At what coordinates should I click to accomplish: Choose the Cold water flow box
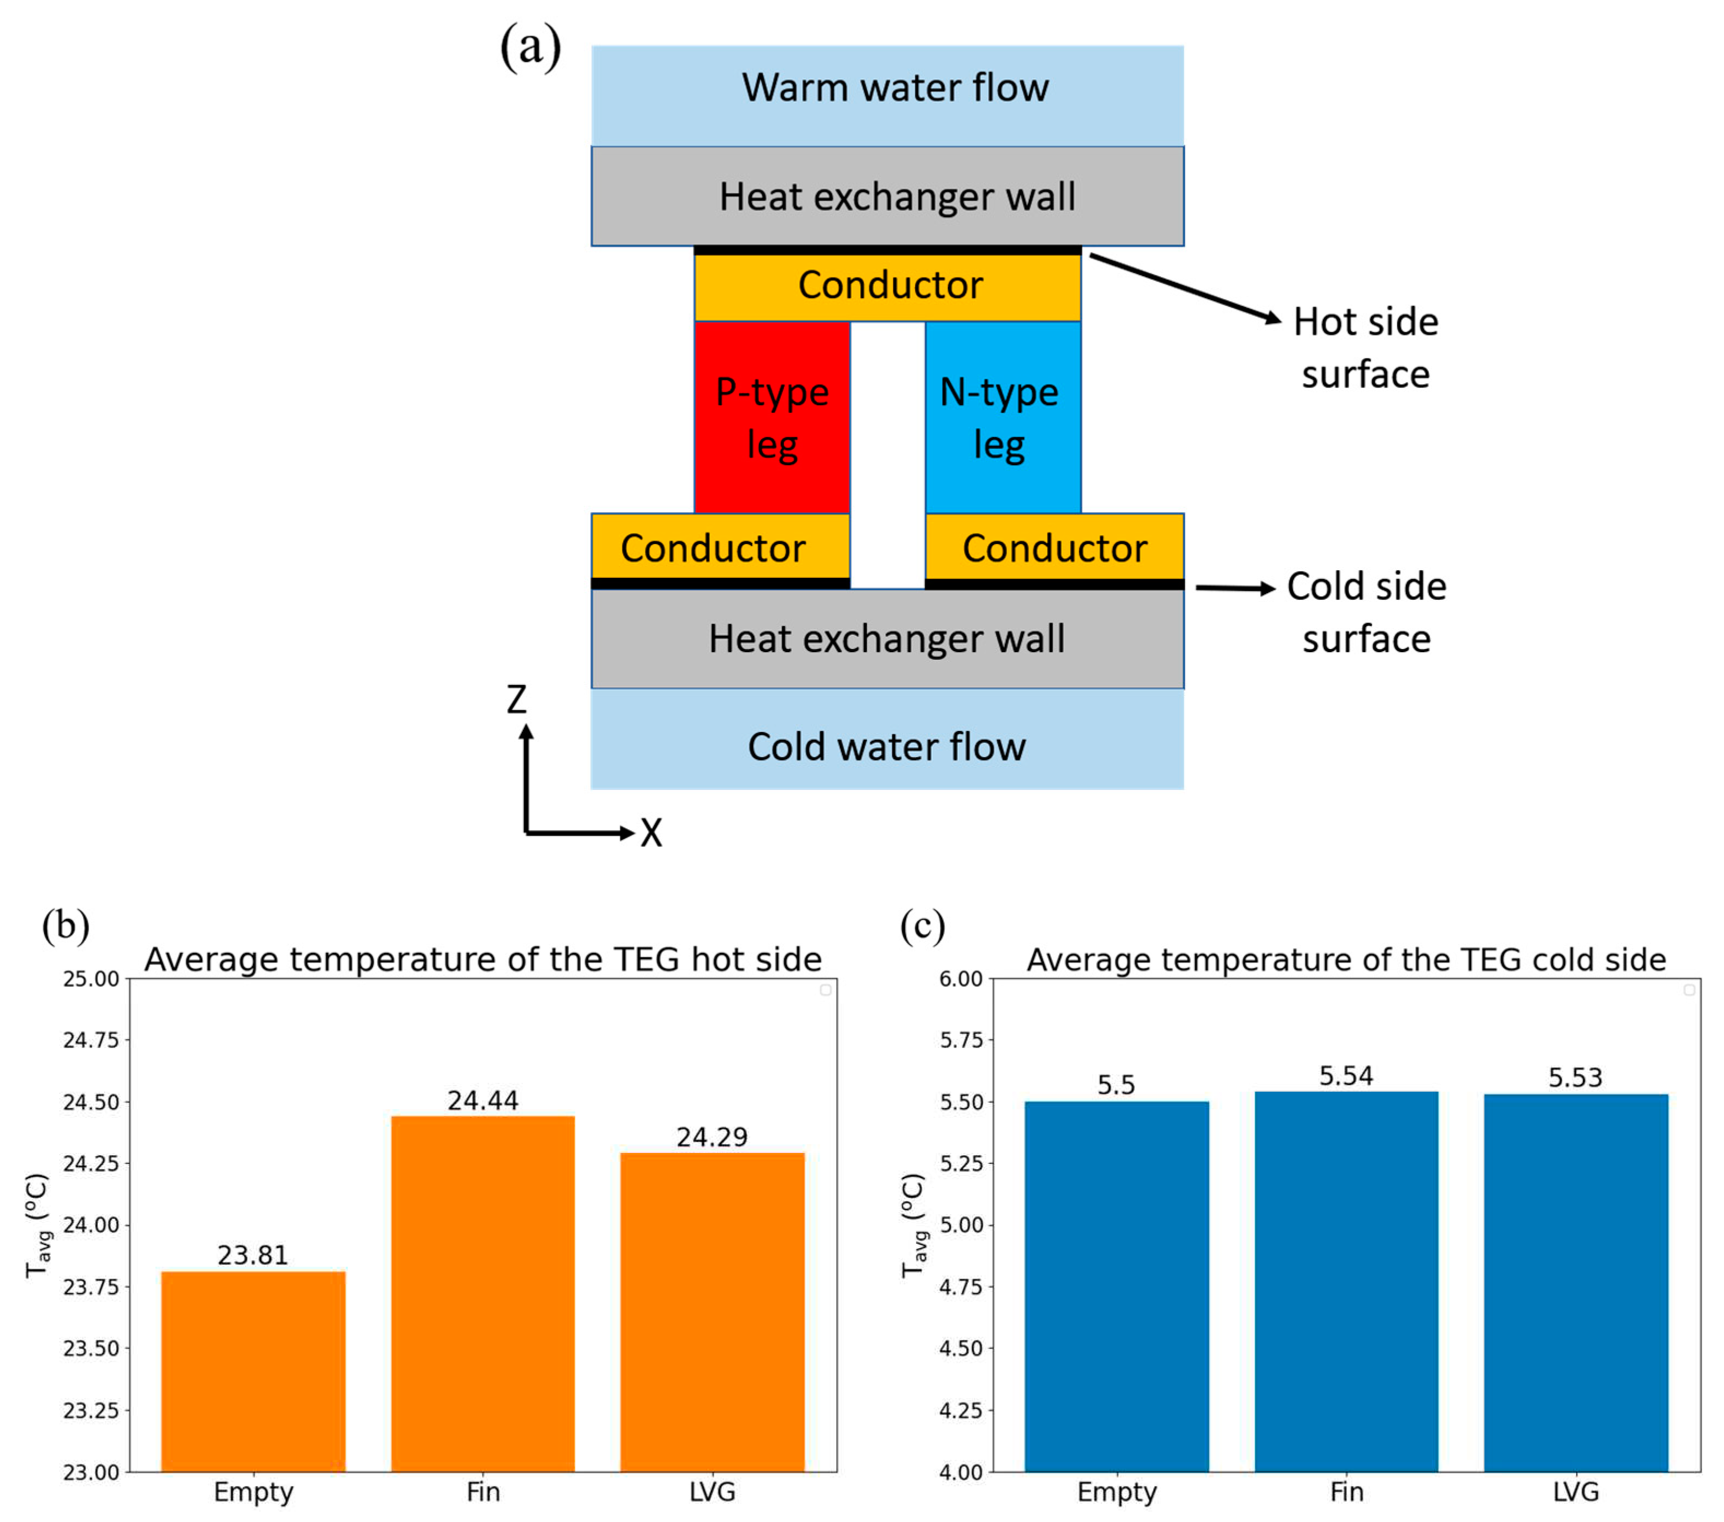click(x=887, y=742)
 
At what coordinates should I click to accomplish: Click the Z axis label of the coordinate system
click(x=516, y=699)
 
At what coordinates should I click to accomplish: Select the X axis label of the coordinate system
click(x=650, y=834)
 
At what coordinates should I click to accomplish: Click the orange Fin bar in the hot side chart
click(x=483, y=1299)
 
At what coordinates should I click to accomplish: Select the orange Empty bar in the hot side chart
click(x=253, y=1375)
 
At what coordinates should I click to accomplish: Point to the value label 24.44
click(x=483, y=1100)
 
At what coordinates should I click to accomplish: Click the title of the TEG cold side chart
click(x=1345, y=960)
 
